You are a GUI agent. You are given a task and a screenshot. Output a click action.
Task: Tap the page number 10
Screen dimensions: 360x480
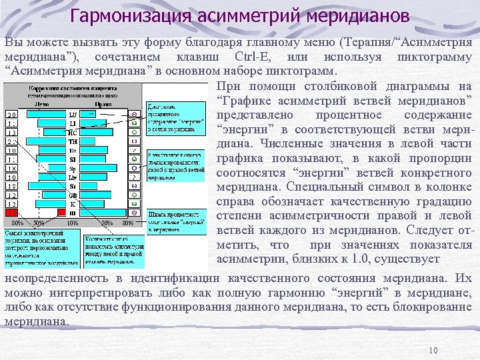click(x=433, y=351)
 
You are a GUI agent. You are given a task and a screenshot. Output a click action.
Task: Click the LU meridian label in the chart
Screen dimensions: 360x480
click(x=73, y=115)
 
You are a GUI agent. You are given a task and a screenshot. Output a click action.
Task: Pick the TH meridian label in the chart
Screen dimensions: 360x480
click(x=73, y=141)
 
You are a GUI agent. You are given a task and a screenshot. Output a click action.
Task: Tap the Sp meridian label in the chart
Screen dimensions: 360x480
click(x=73, y=168)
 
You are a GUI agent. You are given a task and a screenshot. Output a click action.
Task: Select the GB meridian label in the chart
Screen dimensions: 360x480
click(x=73, y=194)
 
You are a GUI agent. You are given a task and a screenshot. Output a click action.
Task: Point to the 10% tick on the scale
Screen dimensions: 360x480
click(x=72, y=223)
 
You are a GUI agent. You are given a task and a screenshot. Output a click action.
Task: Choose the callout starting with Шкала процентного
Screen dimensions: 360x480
click(x=175, y=221)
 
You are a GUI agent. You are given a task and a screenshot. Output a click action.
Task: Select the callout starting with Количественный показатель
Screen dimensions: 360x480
click(x=113, y=246)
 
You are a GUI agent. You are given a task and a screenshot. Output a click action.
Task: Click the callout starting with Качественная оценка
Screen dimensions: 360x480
click(x=175, y=165)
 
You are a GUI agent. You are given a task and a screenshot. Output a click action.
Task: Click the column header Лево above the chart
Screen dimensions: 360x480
click(x=42, y=104)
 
